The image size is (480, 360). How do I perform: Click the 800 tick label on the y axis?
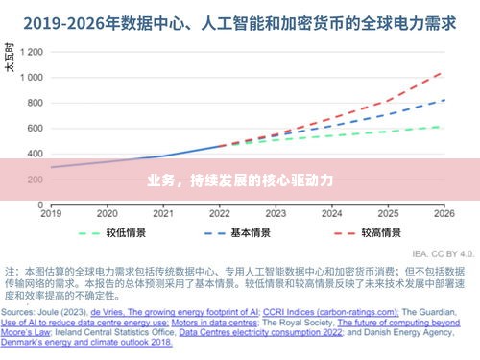(36, 103)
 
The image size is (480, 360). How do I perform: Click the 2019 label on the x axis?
(50, 213)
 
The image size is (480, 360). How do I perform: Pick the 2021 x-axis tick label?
(163, 213)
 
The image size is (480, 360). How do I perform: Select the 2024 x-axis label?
(331, 213)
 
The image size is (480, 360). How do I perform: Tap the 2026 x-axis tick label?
(444, 213)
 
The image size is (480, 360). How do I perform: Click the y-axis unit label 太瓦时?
(11, 62)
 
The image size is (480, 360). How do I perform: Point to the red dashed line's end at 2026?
(443, 72)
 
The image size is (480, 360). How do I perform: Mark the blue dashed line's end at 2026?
(443, 100)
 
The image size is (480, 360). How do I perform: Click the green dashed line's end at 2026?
(443, 127)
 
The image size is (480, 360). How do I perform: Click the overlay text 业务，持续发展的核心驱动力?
(239, 180)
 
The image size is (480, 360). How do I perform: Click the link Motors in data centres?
(207, 324)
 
